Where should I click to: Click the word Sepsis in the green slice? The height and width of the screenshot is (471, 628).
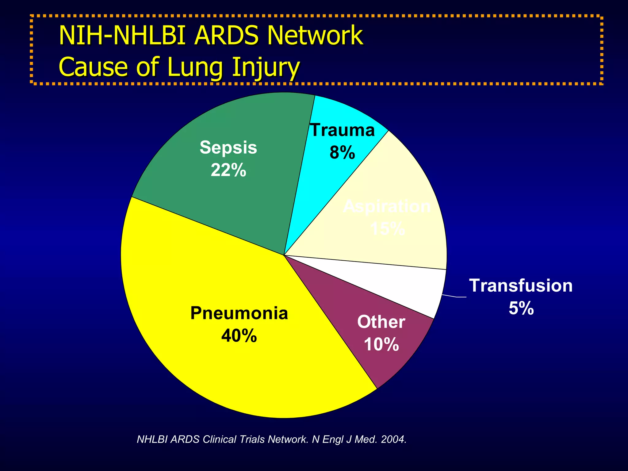click(228, 147)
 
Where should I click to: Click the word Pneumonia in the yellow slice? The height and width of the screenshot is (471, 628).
click(239, 313)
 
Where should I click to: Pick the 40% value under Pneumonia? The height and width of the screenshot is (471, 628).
click(239, 336)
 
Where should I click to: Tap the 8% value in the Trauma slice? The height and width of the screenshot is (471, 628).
click(342, 152)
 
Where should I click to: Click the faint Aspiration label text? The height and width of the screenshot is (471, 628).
click(387, 206)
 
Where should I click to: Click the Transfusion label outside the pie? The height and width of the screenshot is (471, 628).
click(521, 286)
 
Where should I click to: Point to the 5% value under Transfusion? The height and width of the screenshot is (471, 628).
click(521, 308)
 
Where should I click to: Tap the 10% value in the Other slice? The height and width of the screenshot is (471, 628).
click(381, 344)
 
